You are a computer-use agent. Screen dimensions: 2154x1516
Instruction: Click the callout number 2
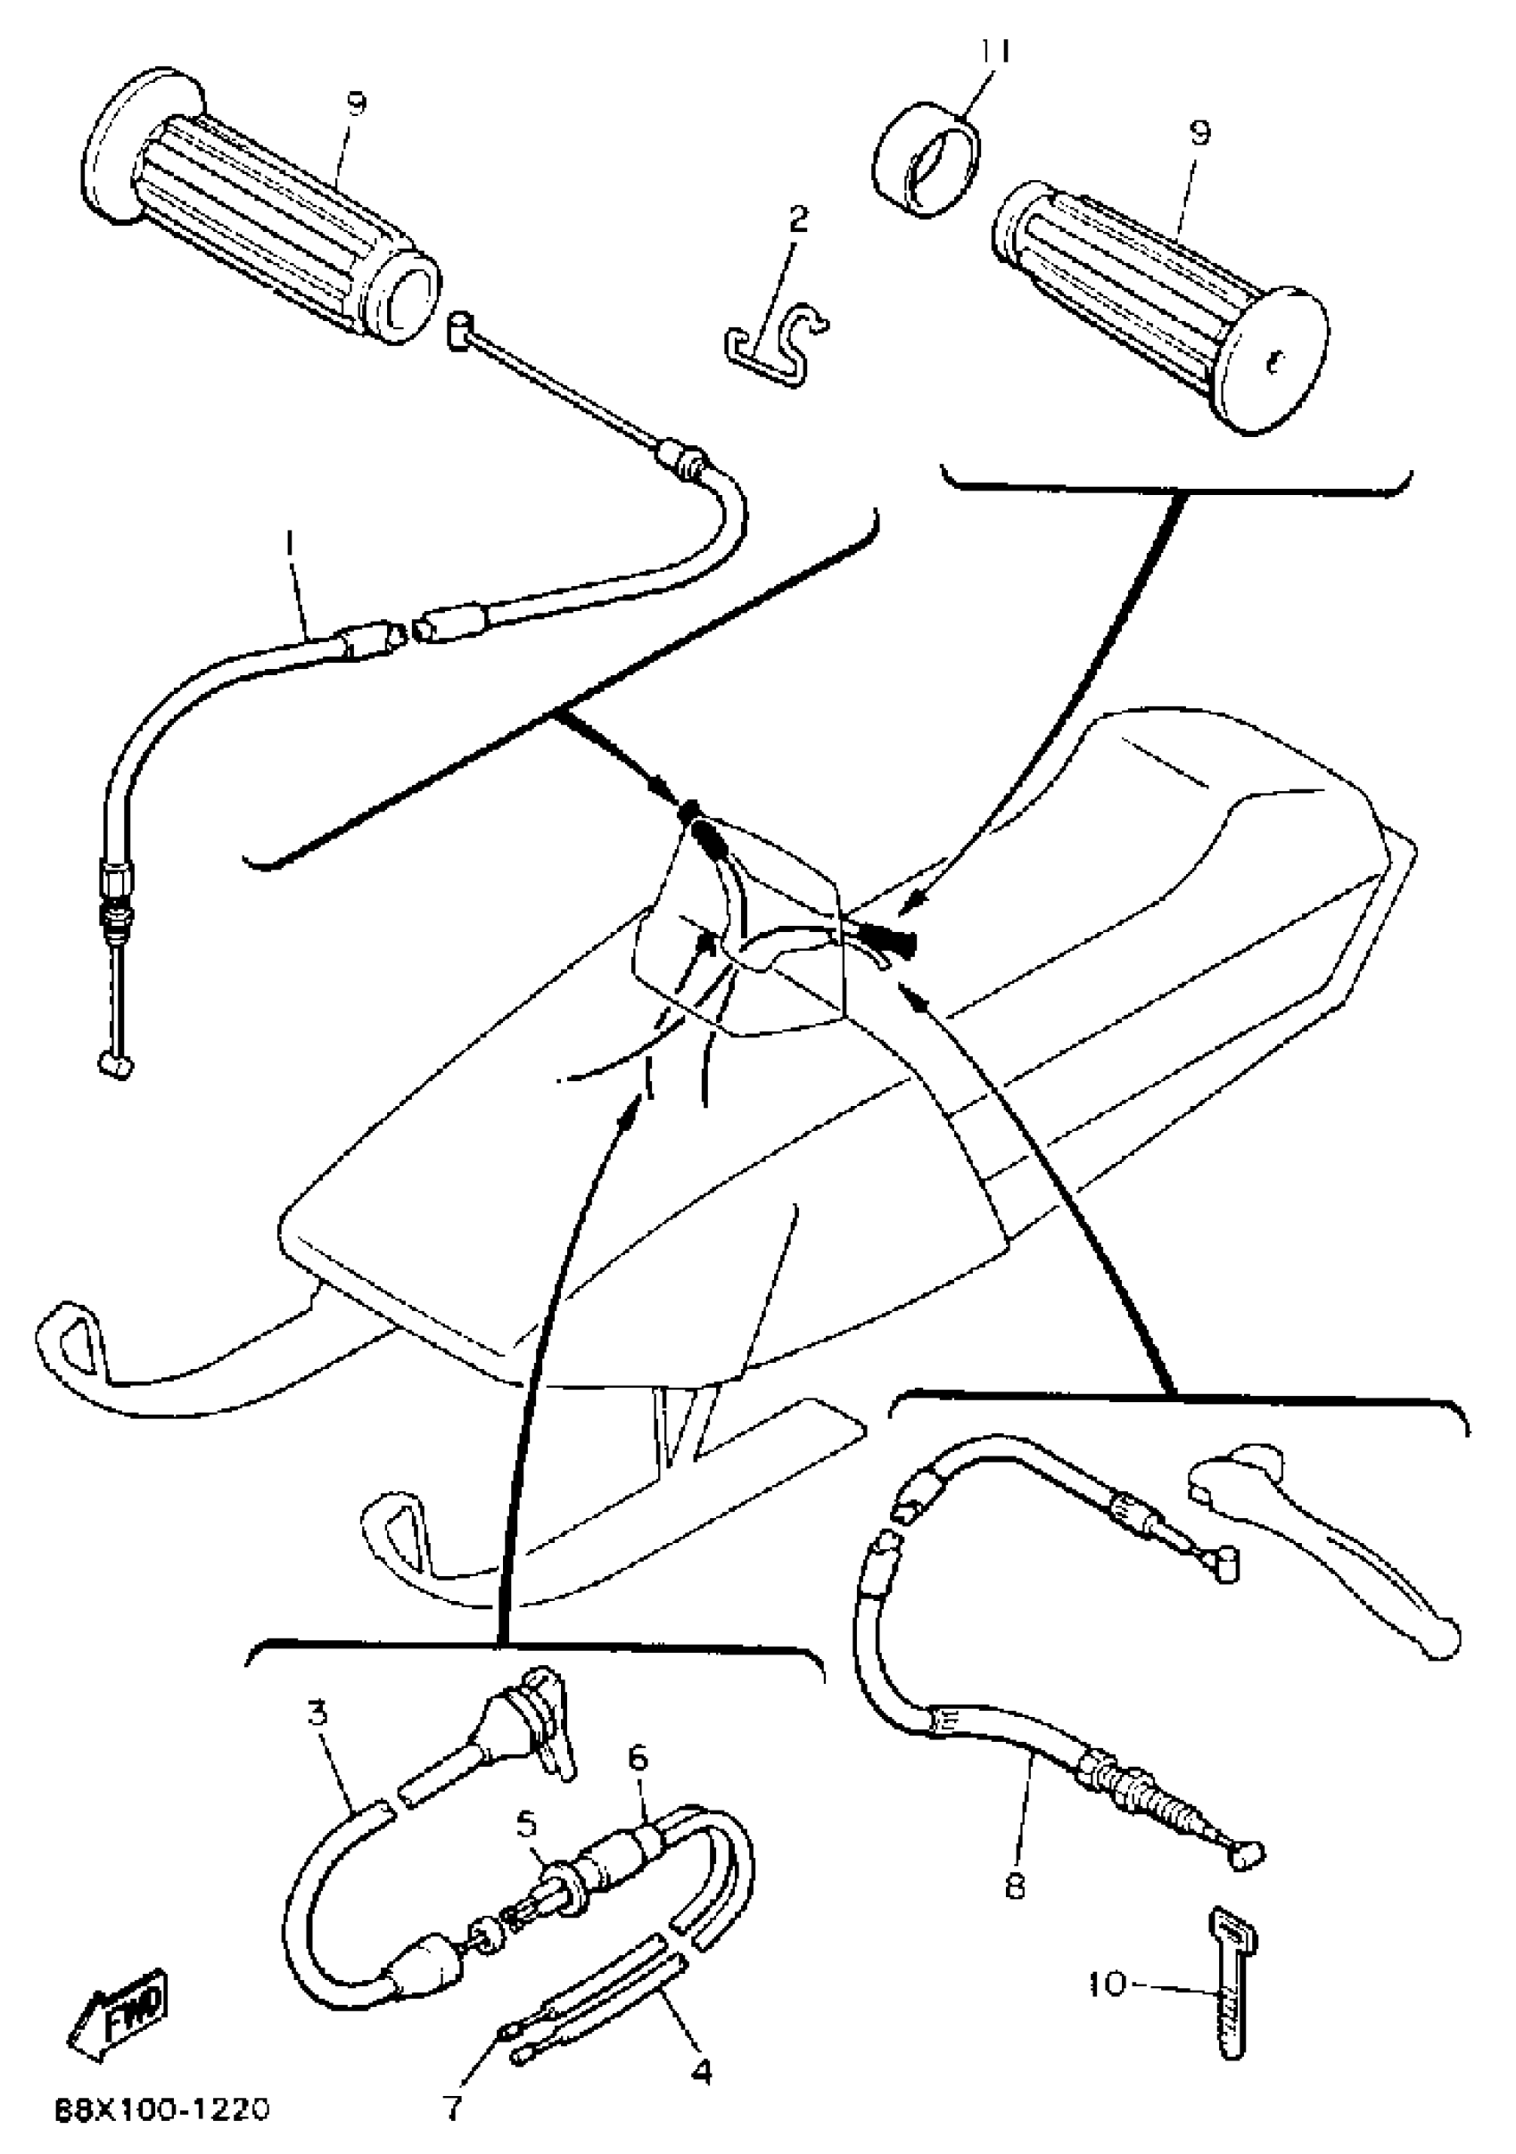[798, 219]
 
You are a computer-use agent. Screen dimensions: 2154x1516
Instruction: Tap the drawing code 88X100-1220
[162, 2109]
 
